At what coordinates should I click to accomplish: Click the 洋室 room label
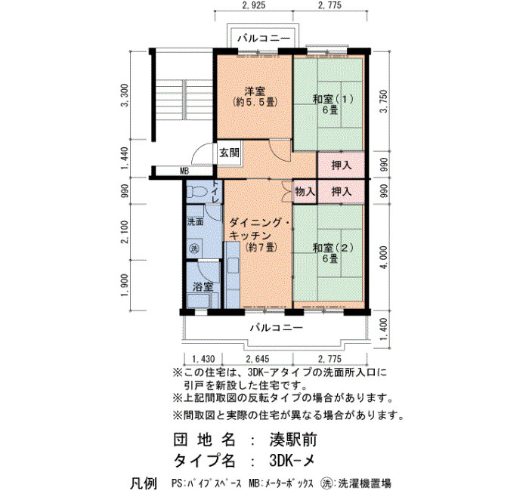click(255, 91)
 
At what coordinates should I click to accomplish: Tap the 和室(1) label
click(333, 99)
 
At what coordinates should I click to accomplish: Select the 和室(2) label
click(333, 248)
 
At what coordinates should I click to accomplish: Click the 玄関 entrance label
click(230, 153)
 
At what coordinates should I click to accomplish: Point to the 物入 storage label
click(305, 192)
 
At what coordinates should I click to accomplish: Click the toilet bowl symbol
click(197, 191)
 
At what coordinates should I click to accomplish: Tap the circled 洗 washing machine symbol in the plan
click(195, 249)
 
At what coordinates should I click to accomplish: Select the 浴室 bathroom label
click(203, 287)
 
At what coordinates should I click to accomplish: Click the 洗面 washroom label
click(195, 222)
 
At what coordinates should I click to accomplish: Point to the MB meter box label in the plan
click(184, 171)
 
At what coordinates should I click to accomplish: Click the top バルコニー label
click(264, 38)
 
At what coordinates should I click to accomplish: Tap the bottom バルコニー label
click(277, 327)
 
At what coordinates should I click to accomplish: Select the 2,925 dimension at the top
click(254, 5)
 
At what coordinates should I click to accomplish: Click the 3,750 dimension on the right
click(384, 100)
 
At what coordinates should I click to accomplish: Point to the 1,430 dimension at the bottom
click(203, 359)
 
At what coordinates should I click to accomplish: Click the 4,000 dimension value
click(384, 258)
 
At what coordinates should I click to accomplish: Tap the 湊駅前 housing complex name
click(293, 440)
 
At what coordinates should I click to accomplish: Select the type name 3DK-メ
click(292, 460)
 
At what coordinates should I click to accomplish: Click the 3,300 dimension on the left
click(125, 95)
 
